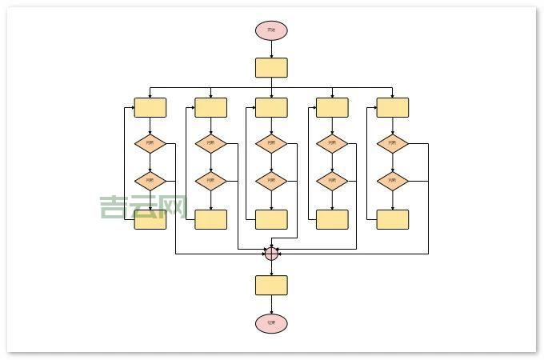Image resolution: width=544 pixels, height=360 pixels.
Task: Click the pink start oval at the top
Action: pyautogui.click(x=271, y=30)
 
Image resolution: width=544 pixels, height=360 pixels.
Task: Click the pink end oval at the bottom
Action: pyautogui.click(x=271, y=323)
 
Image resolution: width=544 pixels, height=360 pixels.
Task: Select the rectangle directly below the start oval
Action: pyautogui.click(x=271, y=67)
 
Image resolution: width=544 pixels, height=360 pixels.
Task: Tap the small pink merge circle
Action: pyautogui.click(x=271, y=254)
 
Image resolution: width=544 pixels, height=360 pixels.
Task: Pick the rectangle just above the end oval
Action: pyautogui.click(x=271, y=285)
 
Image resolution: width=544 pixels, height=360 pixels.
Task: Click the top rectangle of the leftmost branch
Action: pyautogui.click(x=150, y=107)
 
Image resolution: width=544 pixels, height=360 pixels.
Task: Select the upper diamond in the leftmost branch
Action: pyautogui.click(x=150, y=144)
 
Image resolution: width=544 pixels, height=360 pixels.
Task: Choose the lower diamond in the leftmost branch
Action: pyautogui.click(x=150, y=181)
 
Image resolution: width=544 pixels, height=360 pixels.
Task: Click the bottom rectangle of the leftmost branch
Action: pyautogui.click(x=150, y=219)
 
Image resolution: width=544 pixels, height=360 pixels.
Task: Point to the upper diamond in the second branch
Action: pyautogui.click(x=210, y=144)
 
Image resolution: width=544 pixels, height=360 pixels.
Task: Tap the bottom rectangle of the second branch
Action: pyautogui.click(x=210, y=219)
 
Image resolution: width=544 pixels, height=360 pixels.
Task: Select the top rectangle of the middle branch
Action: pyautogui.click(x=271, y=107)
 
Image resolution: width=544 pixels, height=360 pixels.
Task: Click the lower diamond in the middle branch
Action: pyautogui.click(x=271, y=181)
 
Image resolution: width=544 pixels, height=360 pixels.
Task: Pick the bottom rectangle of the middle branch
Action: pyautogui.click(x=271, y=219)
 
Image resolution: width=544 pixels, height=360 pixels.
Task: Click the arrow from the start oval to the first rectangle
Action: pyautogui.click(x=271, y=48)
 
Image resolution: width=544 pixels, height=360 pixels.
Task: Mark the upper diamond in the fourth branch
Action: pyautogui.click(x=332, y=144)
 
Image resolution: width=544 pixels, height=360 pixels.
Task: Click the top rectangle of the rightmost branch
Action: pyautogui.click(x=392, y=107)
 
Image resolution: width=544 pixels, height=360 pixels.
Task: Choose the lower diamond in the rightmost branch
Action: pyautogui.click(x=392, y=181)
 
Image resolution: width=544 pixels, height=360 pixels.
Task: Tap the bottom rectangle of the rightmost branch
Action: pyautogui.click(x=392, y=219)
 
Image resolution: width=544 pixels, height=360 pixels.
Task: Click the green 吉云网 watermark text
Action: pyautogui.click(x=142, y=207)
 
